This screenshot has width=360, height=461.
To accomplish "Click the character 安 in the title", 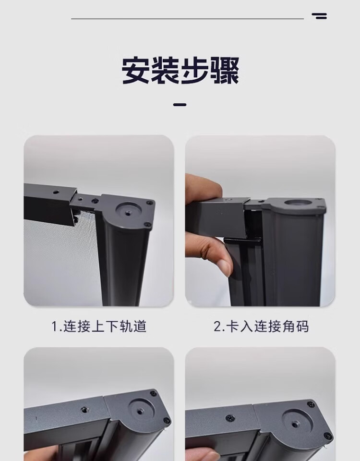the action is (136, 71).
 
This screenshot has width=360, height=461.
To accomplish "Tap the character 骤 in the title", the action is (225, 71).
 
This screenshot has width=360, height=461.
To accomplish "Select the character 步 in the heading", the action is (195, 71).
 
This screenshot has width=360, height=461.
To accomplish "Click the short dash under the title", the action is (180, 105).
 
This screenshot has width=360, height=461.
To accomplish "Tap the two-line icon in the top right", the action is (320, 16).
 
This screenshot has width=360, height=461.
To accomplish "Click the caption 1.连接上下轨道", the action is (99, 327).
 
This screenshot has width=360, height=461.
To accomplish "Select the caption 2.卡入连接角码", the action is (261, 327).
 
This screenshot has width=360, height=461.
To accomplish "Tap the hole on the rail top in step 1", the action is (56, 192).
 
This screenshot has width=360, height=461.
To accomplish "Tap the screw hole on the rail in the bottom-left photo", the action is (84, 410).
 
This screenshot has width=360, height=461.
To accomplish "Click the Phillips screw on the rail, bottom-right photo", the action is (230, 417).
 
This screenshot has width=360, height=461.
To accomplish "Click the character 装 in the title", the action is (166, 71).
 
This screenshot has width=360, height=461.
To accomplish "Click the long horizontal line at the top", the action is (188, 19).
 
